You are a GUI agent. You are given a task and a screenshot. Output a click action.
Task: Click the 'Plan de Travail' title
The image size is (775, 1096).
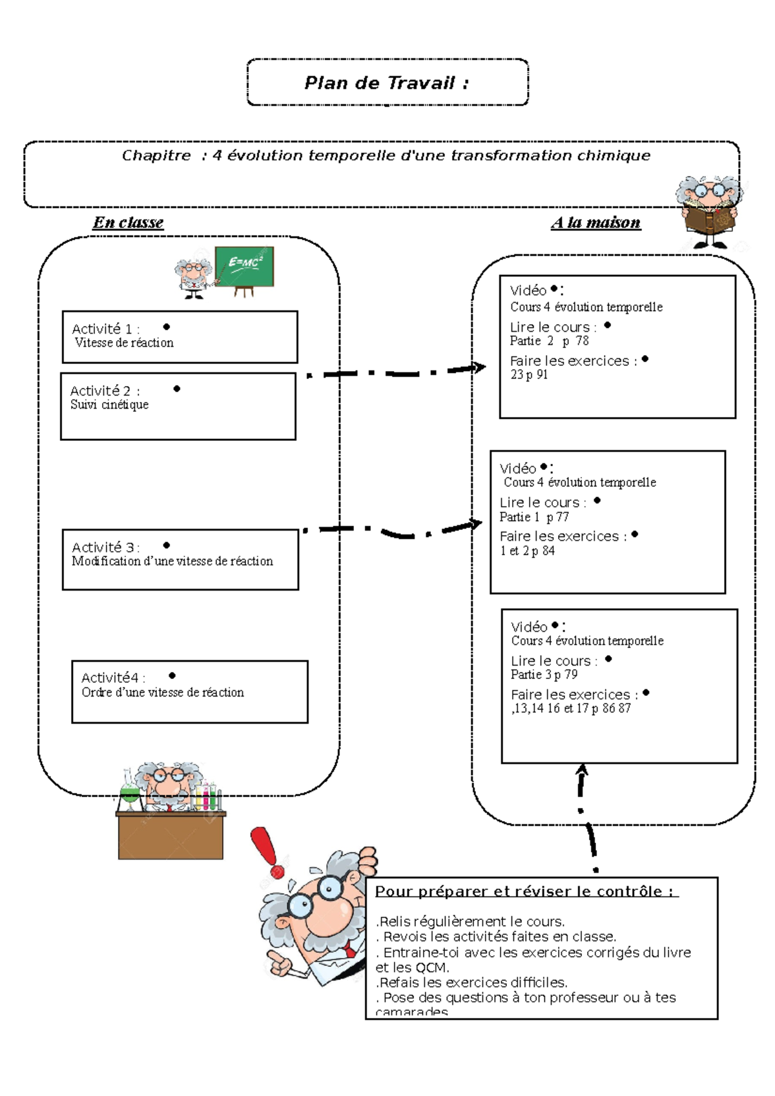tap(386, 83)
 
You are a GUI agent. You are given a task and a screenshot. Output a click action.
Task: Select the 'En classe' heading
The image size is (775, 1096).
tap(128, 223)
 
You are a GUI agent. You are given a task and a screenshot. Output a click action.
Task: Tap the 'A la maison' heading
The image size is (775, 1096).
tap(595, 223)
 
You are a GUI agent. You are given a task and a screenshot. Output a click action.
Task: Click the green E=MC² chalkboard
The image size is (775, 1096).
tap(245, 265)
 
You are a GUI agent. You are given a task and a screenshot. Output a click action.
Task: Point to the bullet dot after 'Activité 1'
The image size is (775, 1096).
tap(167, 327)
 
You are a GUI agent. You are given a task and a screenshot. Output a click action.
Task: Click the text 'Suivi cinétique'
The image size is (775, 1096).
tap(109, 405)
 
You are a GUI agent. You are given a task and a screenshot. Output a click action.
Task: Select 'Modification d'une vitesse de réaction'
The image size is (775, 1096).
tap(172, 562)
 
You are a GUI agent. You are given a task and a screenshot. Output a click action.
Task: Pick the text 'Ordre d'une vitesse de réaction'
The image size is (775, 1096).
tap(163, 693)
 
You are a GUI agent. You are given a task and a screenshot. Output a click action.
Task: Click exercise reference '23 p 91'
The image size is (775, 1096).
tap(529, 374)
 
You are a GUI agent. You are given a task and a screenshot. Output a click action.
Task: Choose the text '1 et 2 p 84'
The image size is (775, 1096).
tap(527, 551)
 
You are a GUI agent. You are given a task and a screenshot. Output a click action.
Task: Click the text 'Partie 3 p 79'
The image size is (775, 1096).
tap(544, 675)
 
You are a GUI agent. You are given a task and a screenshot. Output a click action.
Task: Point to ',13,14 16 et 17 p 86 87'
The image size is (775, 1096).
tap(571, 708)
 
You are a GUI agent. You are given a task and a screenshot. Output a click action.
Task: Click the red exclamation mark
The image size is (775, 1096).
tap(266, 851)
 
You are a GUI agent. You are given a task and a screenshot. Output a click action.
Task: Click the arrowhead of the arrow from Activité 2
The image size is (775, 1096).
tap(479, 367)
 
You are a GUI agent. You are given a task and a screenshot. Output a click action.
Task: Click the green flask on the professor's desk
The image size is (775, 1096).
tap(130, 795)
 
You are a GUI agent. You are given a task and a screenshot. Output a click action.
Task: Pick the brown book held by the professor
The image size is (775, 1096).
tap(710, 218)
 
